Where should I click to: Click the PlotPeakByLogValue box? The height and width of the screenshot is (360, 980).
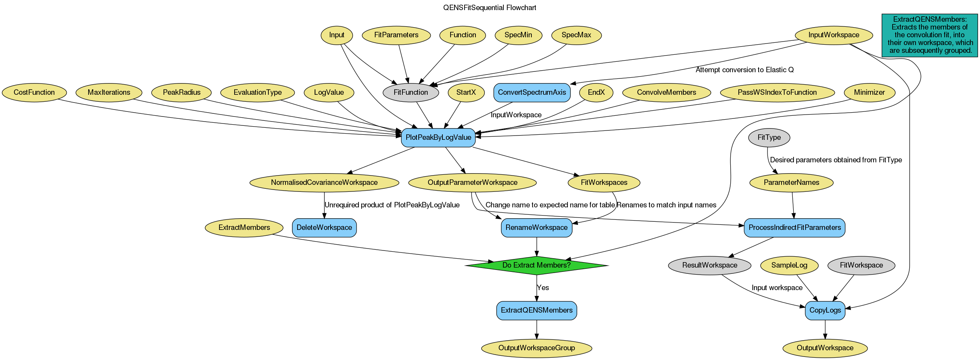click(x=438, y=137)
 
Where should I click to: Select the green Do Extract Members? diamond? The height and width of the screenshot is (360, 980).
click(x=536, y=265)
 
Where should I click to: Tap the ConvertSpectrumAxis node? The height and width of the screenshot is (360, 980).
click(x=532, y=92)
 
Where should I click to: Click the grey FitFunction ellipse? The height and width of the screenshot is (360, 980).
click(x=411, y=92)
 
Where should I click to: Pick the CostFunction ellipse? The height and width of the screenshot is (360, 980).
click(x=34, y=92)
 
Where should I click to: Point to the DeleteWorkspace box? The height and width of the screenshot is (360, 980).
click(x=324, y=228)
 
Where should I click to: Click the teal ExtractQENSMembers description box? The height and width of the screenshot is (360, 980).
click(x=930, y=35)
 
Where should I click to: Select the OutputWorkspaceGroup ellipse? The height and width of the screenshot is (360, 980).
click(x=536, y=348)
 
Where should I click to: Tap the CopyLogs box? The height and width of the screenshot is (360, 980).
click(x=825, y=310)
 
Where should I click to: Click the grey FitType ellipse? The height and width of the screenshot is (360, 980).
click(x=769, y=137)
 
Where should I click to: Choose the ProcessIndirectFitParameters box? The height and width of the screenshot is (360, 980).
click(x=794, y=228)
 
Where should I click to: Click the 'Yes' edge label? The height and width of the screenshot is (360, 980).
click(x=543, y=288)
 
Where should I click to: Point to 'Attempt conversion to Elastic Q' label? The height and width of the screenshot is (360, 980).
click(x=744, y=70)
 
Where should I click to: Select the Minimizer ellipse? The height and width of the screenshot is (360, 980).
click(x=869, y=92)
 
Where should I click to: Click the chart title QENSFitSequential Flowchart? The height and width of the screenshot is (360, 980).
click(x=489, y=8)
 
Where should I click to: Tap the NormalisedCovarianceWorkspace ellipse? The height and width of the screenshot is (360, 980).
click(x=324, y=183)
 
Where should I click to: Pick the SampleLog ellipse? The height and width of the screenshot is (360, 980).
click(x=789, y=265)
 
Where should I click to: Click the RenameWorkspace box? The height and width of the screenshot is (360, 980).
click(x=536, y=228)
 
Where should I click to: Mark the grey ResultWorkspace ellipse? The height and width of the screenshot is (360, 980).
click(x=710, y=265)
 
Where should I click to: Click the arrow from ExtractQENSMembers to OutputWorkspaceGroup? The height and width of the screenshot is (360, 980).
click(x=536, y=330)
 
